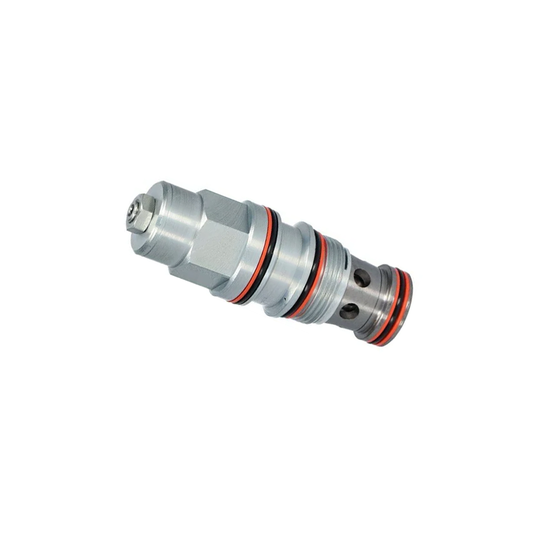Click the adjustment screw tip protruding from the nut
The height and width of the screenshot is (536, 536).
131,211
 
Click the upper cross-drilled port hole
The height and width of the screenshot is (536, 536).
362,277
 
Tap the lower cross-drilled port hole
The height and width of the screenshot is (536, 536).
349,311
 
